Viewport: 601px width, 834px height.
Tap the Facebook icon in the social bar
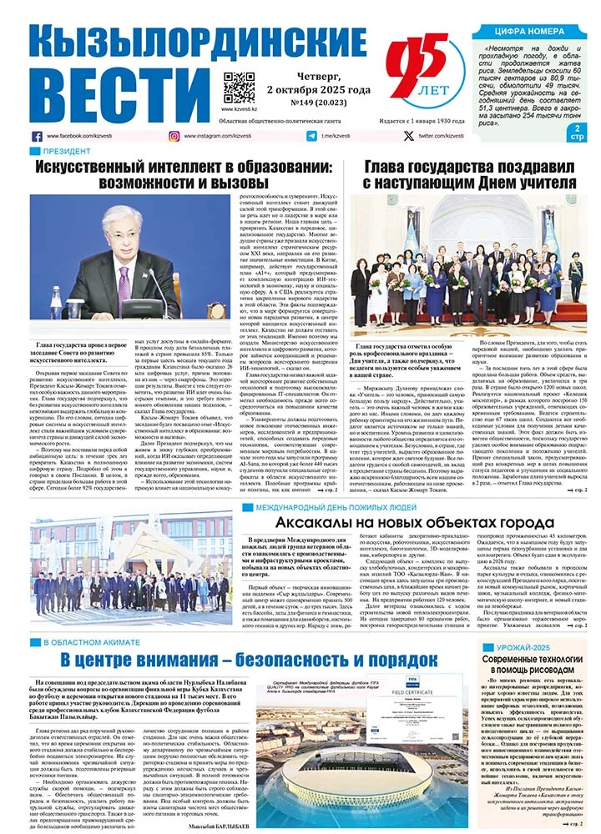tap(37, 135)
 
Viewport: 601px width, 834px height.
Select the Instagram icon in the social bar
tap(174, 135)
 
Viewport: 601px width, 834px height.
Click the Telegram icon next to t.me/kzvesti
tap(311, 135)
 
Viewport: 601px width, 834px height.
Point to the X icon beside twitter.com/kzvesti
tap(407, 135)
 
